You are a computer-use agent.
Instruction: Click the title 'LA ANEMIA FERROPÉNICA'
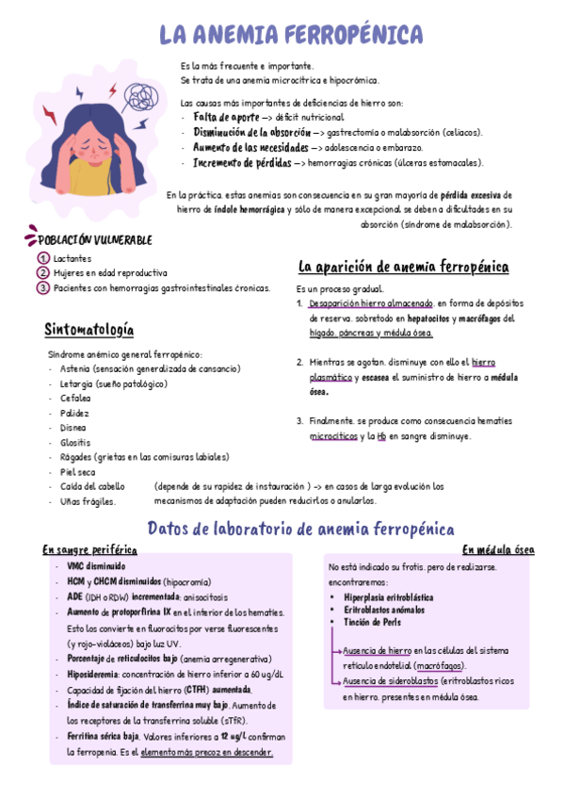(x=291, y=35)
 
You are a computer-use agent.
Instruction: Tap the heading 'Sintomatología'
(x=89, y=330)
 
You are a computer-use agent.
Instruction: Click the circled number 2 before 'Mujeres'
(x=43, y=273)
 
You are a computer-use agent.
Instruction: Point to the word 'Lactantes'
(x=73, y=258)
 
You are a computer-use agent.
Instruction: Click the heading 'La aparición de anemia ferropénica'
(x=404, y=267)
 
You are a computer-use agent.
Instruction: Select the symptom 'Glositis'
(x=74, y=442)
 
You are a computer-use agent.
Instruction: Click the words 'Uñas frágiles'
(x=88, y=501)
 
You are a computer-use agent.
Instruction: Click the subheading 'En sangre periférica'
(x=90, y=549)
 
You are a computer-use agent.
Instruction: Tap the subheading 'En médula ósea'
(x=498, y=549)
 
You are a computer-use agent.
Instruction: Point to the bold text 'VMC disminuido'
(x=96, y=566)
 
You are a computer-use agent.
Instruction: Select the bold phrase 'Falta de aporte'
(x=226, y=117)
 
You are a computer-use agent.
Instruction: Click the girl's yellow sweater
(x=87, y=176)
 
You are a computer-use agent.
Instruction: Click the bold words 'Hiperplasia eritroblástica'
(x=389, y=597)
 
